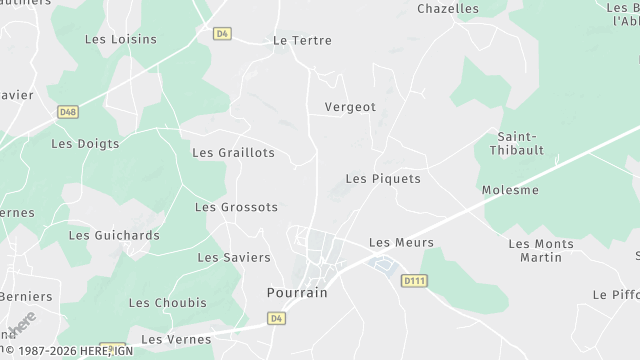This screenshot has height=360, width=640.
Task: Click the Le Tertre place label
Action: click(x=301, y=41)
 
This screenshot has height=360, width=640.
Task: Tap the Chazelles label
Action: click(x=448, y=9)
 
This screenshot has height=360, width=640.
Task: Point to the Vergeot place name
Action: click(x=349, y=106)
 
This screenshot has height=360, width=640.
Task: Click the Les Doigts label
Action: click(x=85, y=144)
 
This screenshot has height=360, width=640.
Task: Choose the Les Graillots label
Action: click(x=233, y=153)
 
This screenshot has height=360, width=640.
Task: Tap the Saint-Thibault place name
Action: click(x=522, y=145)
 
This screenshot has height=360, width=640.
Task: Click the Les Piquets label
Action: click(x=383, y=179)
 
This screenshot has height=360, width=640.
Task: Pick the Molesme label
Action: click(x=510, y=190)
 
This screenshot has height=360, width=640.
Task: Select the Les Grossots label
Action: click(x=236, y=208)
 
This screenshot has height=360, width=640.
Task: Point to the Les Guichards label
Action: click(x=114, y=236)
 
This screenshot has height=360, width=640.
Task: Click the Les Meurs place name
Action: click(x=401, y=243)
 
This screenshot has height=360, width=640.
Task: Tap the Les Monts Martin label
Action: click(x=541, y=251)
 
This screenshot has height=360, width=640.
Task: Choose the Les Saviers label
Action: click(x=234, y=257)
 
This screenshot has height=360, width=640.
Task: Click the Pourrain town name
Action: click(x=297, y=293)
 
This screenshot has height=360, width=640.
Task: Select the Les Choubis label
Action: click(x=167, y=303)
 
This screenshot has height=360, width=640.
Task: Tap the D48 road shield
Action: click(x=68, y=112)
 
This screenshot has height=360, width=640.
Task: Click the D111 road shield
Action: click(x=414, y=282)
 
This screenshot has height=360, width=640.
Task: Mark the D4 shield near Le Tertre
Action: click(x=222, y=33)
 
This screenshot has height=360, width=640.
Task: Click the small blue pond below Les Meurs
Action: click(x=381, y=264)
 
